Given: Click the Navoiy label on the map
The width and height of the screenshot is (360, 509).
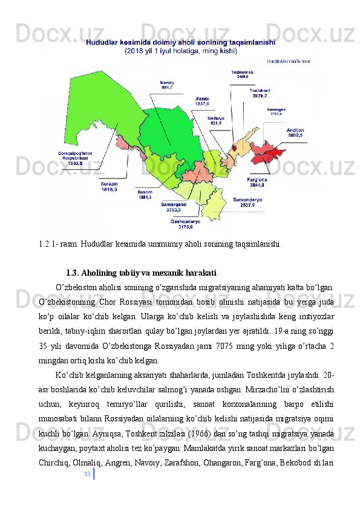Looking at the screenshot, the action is click(x=167, y=85).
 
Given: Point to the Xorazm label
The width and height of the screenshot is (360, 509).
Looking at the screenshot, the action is click(x=110, y=186).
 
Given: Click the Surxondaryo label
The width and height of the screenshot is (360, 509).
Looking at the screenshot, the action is click(x=247, y=202).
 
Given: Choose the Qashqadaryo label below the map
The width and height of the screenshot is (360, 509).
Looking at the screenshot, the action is click(x=181, y=224).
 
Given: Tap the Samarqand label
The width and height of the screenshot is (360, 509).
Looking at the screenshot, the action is click(x=173, y=207).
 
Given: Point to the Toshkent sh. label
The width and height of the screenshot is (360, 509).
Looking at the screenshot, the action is click(x=243, y=74).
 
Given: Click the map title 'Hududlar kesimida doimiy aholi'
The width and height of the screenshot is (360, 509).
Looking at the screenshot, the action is click(x=181, y=43).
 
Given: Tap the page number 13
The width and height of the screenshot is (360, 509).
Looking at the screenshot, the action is click(x=88, y=473).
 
